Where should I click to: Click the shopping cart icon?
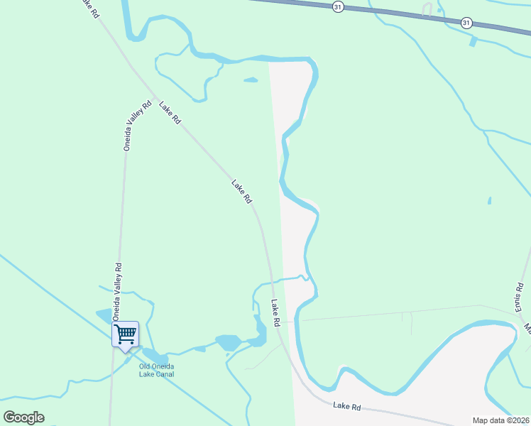(126, 333)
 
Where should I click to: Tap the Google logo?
(24, 417)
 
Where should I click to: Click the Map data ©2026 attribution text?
(500, 420)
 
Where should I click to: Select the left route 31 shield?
(338, 6)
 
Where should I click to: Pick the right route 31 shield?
(466, 23)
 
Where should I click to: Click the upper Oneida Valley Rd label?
(138, 126)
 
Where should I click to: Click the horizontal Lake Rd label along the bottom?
(347, 406)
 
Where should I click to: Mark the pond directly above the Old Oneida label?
(150, 354)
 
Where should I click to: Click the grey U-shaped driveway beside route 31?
(427, 9)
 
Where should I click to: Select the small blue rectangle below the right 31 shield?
(473, 41)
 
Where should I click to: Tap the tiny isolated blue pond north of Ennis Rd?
(489, 201)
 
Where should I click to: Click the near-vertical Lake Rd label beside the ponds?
(275, 313)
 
